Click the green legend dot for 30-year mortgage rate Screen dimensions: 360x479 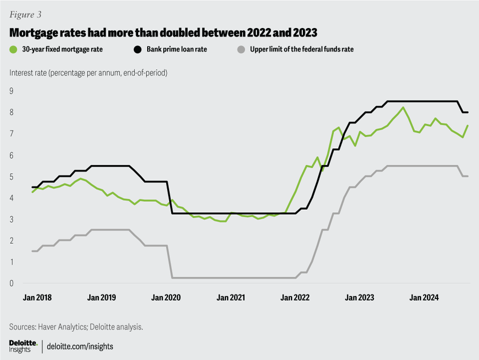(x=13, y=49)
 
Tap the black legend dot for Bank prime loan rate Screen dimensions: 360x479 (x=138, y=49)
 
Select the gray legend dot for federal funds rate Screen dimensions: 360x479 (x=241, y=49)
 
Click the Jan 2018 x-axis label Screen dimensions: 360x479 (x=37, y=298)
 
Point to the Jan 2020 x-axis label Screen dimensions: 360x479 (x=166, y=298)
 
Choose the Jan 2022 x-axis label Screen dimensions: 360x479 (x=295, y=298)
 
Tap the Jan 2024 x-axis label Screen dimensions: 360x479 (x=424, y=298)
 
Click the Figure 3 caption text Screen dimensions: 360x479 (x=25, y=14)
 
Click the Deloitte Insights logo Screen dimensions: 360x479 (x=23, y=346)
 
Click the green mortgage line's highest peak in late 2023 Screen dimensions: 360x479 (x=403, y=107)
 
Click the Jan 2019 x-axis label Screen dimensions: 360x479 (x=102, y=298)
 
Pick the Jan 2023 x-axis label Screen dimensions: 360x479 (x=359, y=298)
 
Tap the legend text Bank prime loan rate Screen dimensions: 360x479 (x=177, y=49)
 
